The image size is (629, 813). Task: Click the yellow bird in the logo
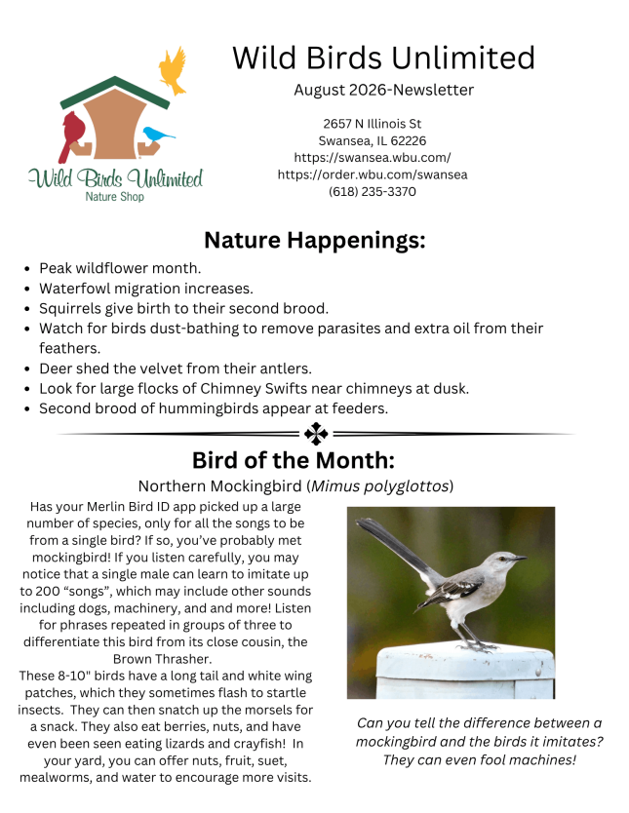[x=173, y=71]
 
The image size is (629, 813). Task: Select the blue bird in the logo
[x=158, y=135]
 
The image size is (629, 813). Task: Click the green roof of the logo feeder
[x=115, y=92]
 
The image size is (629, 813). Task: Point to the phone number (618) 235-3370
[x=373, y=192]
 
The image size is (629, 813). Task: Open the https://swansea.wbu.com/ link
[x=373, y=158]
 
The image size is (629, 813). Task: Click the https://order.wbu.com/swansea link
[x=373, y=174]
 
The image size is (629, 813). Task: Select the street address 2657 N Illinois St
[x=373, y=124]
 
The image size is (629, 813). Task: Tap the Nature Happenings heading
[x=315, y=240]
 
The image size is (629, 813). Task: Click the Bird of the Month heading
[x=294, y=460]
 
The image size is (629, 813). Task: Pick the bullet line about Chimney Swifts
[x=255, y=388]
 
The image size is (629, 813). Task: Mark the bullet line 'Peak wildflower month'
[x=120, y=268]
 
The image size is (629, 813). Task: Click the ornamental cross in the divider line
[x=316, y=434]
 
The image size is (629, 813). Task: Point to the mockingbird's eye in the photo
[x=501, y=559]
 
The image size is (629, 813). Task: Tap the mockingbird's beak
[x=519, y=559]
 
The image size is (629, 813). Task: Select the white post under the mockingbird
[x=465, y=672]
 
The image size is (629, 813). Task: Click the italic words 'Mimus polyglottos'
[x=379, y=486]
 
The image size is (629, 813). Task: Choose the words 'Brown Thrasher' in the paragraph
[x=161, y=659]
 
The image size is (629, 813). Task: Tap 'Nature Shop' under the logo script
[x=115, y=197]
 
